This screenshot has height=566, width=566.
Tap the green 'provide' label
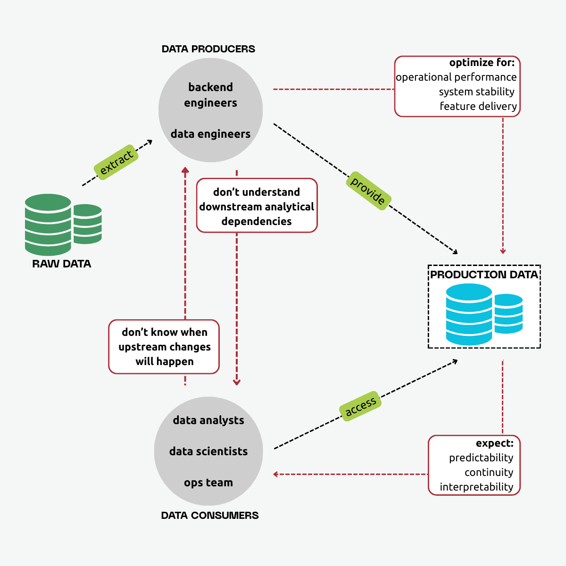pos(368,191)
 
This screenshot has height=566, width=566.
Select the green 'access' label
pos(360,406)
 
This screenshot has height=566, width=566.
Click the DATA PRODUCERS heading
pos(208,49)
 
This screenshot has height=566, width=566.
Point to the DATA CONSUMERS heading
pos(210,516)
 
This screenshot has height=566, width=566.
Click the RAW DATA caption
pos(61,264)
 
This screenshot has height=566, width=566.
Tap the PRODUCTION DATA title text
pos(484,275)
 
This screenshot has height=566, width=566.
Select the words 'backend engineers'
pos(210,95)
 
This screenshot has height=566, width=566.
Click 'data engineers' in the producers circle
pos(210,134)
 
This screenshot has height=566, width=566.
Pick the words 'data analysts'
pos(208,420)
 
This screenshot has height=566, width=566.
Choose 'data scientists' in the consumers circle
pos(208,451)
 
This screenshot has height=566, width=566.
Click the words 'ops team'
pos(208,483)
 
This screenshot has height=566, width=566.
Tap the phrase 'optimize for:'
pos(482,63)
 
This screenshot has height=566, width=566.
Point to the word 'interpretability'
pos(476,487)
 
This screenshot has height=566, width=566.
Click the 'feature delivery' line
pos(478,106)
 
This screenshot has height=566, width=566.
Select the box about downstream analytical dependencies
pos(257,206)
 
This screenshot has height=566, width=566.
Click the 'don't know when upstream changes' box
pos(164,347)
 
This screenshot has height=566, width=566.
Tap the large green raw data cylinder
pos(48,225)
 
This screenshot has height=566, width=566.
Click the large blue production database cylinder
pos(469,314)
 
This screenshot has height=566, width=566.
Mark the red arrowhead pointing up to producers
pos(185,170)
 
